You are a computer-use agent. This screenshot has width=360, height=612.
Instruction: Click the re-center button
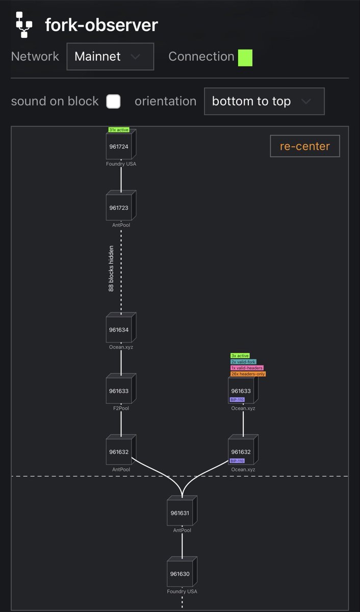(x=305, y=146)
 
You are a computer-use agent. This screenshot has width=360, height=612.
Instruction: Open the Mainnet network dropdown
(x=110, y=57)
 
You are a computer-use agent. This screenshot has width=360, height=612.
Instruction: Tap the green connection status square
(x=245, y=58)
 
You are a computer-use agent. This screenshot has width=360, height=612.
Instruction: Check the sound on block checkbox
(x=113, y=101)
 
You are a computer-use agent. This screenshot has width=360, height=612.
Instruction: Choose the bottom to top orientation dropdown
(x=264, y=101)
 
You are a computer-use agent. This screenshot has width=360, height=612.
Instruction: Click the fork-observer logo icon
(x=24, y=25)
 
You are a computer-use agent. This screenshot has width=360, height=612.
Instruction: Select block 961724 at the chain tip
(x=121, y=144)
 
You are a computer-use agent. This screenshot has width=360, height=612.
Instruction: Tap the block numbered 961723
(x=121, y=206)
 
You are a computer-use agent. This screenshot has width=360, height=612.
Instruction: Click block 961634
(x=121, y=327)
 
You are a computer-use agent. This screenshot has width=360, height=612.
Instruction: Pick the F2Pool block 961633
(x=121, y=389)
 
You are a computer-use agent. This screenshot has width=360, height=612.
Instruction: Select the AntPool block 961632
(x=121, y=449)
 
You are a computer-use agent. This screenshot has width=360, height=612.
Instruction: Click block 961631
(x=182, y=511)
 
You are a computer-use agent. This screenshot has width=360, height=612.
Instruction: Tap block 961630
(x=182, y=572)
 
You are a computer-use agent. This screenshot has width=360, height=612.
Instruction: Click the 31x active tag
(x=118, y=130)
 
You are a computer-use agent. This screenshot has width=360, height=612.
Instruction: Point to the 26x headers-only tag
(x=248, y=374)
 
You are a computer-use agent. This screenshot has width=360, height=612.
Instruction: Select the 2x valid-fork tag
(x=243, y=362)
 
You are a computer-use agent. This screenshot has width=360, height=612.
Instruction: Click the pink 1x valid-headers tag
(x=247, y=368)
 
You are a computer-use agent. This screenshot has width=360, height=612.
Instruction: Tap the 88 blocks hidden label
(x=111, y=269)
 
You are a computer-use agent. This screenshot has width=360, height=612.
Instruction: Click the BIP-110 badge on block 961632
(x=237, y=461)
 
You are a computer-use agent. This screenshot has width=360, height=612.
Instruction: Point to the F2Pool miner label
(x=121, y=408)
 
